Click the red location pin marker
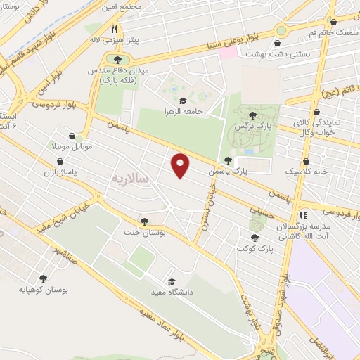tap(181, 165)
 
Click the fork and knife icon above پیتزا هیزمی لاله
tap(113, 29)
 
